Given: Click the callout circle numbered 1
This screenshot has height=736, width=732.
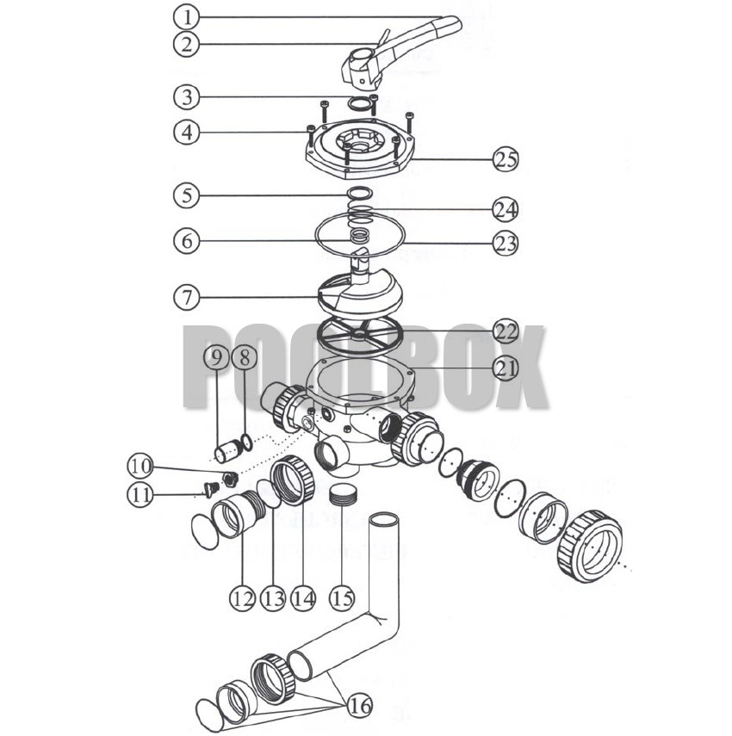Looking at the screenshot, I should pyautogui.click(x=185, y=16).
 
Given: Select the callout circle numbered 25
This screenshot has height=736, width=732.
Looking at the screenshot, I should pyautogui.click(x=506, y=159).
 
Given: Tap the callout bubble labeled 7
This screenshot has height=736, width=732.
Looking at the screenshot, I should pyautogui.click(x=185, y=297).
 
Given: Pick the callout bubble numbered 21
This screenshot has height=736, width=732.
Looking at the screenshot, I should pyautogui.click(x=506, y=368).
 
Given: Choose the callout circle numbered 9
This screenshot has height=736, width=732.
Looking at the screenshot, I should pyautogui.click(x=217, y=356).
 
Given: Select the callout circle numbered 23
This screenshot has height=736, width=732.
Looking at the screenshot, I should pyautogui.click(x=506, y=244).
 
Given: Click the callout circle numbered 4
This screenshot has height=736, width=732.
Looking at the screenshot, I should pyautogui.click(x=185, y=133).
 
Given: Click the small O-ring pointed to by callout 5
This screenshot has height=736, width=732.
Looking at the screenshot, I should pyautogui.click(x=361, y=194).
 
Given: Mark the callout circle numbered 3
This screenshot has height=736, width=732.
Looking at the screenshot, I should pyautogui.click(x=185, y=94).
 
